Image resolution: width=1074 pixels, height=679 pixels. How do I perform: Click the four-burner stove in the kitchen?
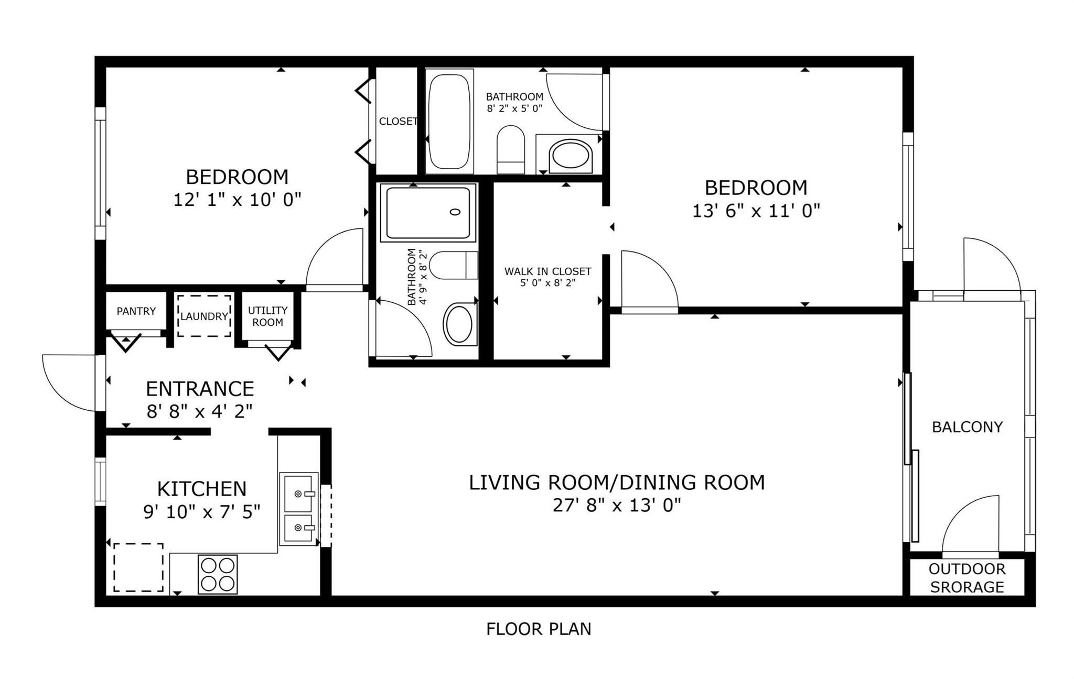point(218,574)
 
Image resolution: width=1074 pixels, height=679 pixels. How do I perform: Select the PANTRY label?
point(136,311)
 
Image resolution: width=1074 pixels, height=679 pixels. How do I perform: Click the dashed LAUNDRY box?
point(204,316)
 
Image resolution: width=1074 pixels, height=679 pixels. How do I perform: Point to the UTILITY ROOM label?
point(267,316)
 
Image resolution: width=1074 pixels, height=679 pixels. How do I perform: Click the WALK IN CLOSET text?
point(547,271)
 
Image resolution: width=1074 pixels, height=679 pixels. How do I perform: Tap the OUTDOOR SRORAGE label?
point(967,578)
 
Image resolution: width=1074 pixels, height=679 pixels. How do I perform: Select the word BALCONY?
point(967,427)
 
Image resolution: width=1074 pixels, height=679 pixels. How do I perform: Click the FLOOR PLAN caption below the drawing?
point(539,629)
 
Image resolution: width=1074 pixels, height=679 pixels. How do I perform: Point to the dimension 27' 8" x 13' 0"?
point(617,506)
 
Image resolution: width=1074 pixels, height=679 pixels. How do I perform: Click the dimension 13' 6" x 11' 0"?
point(756,211)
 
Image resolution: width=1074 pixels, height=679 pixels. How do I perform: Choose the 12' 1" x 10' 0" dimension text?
point(237,200)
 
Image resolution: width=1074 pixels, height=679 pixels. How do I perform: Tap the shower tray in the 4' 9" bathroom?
point(428,212)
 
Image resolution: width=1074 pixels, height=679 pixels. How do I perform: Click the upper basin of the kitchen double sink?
point(298,493)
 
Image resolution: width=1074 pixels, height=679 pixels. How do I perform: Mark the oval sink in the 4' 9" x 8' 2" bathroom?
point(459,325)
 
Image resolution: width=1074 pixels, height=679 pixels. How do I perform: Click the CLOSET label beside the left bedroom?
point(398,122)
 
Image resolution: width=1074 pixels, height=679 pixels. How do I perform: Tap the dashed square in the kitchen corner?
point(138,567)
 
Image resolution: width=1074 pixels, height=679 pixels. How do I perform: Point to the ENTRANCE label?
point(200,389)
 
